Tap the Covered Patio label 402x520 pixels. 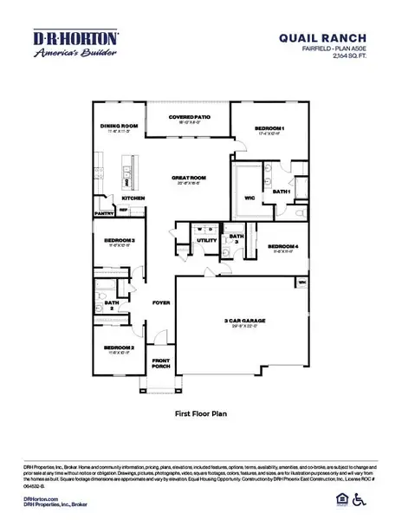pyautogui.click(x=188, y=120)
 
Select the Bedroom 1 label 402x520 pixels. pyautogui.click(x=269, y=128)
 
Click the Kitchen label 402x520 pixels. pyautogui.click(x=133, y=198)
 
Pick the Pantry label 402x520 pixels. pyautogui.click(x=105, y=211)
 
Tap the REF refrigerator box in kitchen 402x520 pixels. pyautogui.click(x=123, y=209)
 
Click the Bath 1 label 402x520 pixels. pyautogui.click(x=281, y=192)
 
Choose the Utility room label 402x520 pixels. pyautogui.click(x=206, y=240)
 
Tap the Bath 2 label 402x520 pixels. pyautogui.click(x=111, y=305)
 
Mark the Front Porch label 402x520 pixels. pyautogui.click(x=161, y=362)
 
